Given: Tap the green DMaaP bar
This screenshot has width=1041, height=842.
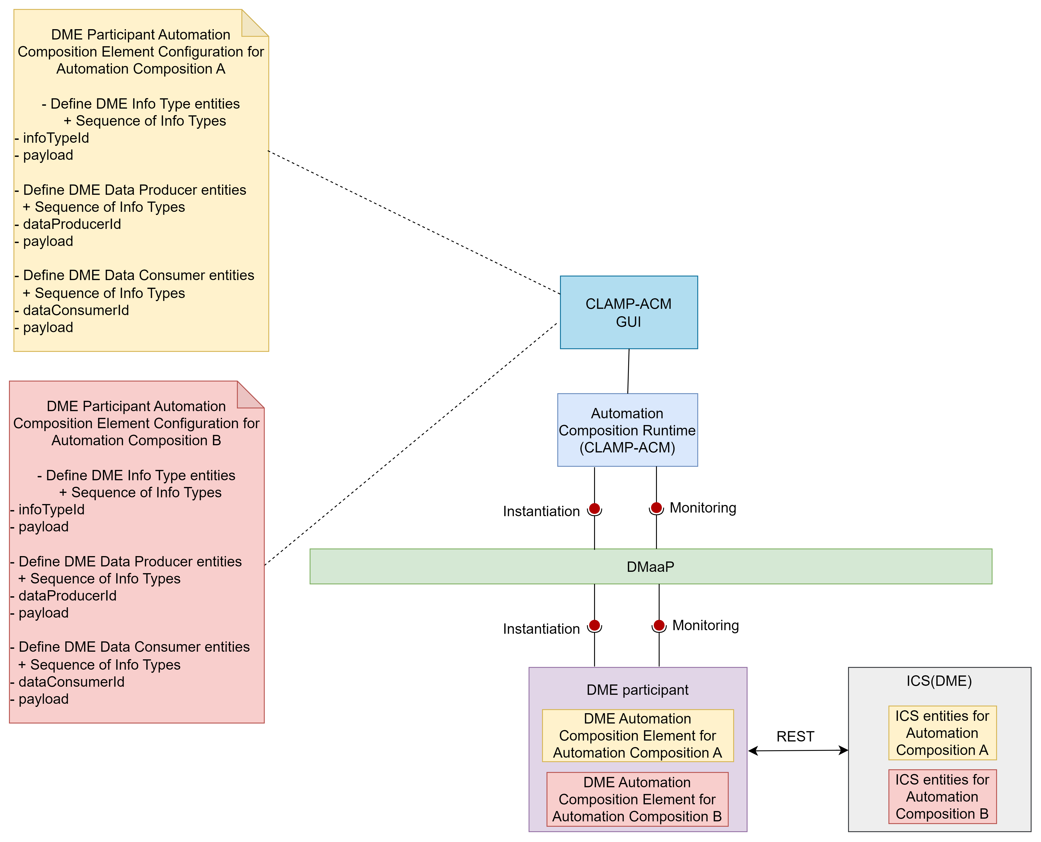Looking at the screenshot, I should click(651, 566).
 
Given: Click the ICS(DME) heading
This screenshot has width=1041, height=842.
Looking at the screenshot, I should click(939, 681).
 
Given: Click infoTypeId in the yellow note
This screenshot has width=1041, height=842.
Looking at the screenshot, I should click(56, 138).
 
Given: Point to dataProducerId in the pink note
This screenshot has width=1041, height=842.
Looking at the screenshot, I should click(67, 596).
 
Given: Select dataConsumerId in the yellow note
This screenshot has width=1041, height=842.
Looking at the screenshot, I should click(76, 310).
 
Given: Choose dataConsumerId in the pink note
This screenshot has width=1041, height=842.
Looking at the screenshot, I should click(71, 682).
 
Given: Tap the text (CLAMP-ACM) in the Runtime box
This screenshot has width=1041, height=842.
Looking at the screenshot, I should click(628, 447).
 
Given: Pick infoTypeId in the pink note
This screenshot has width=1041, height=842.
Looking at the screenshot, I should click(51, 509).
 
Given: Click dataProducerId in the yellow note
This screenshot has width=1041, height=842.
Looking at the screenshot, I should click(72, 224).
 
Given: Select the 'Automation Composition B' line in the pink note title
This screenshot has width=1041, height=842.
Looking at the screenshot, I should click(136, 440).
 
